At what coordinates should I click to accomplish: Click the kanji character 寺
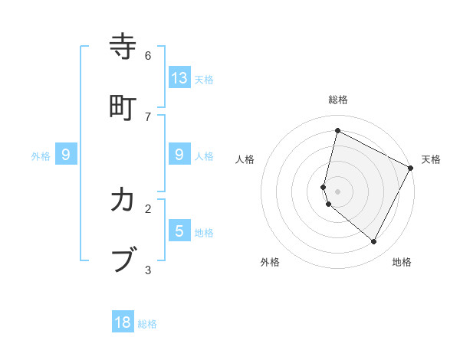pyautogui.click(x=123, y=47)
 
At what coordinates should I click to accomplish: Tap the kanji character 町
pyautogui.click(x=123, y=108)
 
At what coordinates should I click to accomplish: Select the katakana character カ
pyautogui.click(x=123, y=200)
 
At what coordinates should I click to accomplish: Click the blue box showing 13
pyautogui.click(x=179, y=77)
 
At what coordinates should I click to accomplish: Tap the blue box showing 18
pyautogui.click(x=123, y=322)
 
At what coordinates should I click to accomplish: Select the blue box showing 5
pyautogui.click(x=179, y=230)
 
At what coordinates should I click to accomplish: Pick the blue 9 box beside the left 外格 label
pyautogui.click(x=66, y=155)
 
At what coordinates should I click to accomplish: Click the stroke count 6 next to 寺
pyautogui.click(x=148, y=55)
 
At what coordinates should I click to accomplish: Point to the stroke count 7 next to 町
pyautogui.click(x=148, y=116)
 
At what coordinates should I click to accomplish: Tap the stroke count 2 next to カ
pyautogui.click(x=148, y=208)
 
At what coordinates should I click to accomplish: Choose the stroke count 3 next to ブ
pyautogui.click(x=148, y=269)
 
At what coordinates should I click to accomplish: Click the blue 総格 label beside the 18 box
pyautogui.click(x=147, y=324)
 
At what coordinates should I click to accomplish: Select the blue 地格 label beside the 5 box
pyautogui.click(x=204, y=233)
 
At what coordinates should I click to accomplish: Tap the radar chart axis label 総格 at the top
pyautogui.click(x=338, y=100)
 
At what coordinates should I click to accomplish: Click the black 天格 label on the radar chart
pyautogui.click(x=431, y=159)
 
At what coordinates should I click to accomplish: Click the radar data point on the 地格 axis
pyautogui.click(x=374, y=241)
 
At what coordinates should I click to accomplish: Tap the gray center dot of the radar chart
pyautogui.click(x=338, y=191)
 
